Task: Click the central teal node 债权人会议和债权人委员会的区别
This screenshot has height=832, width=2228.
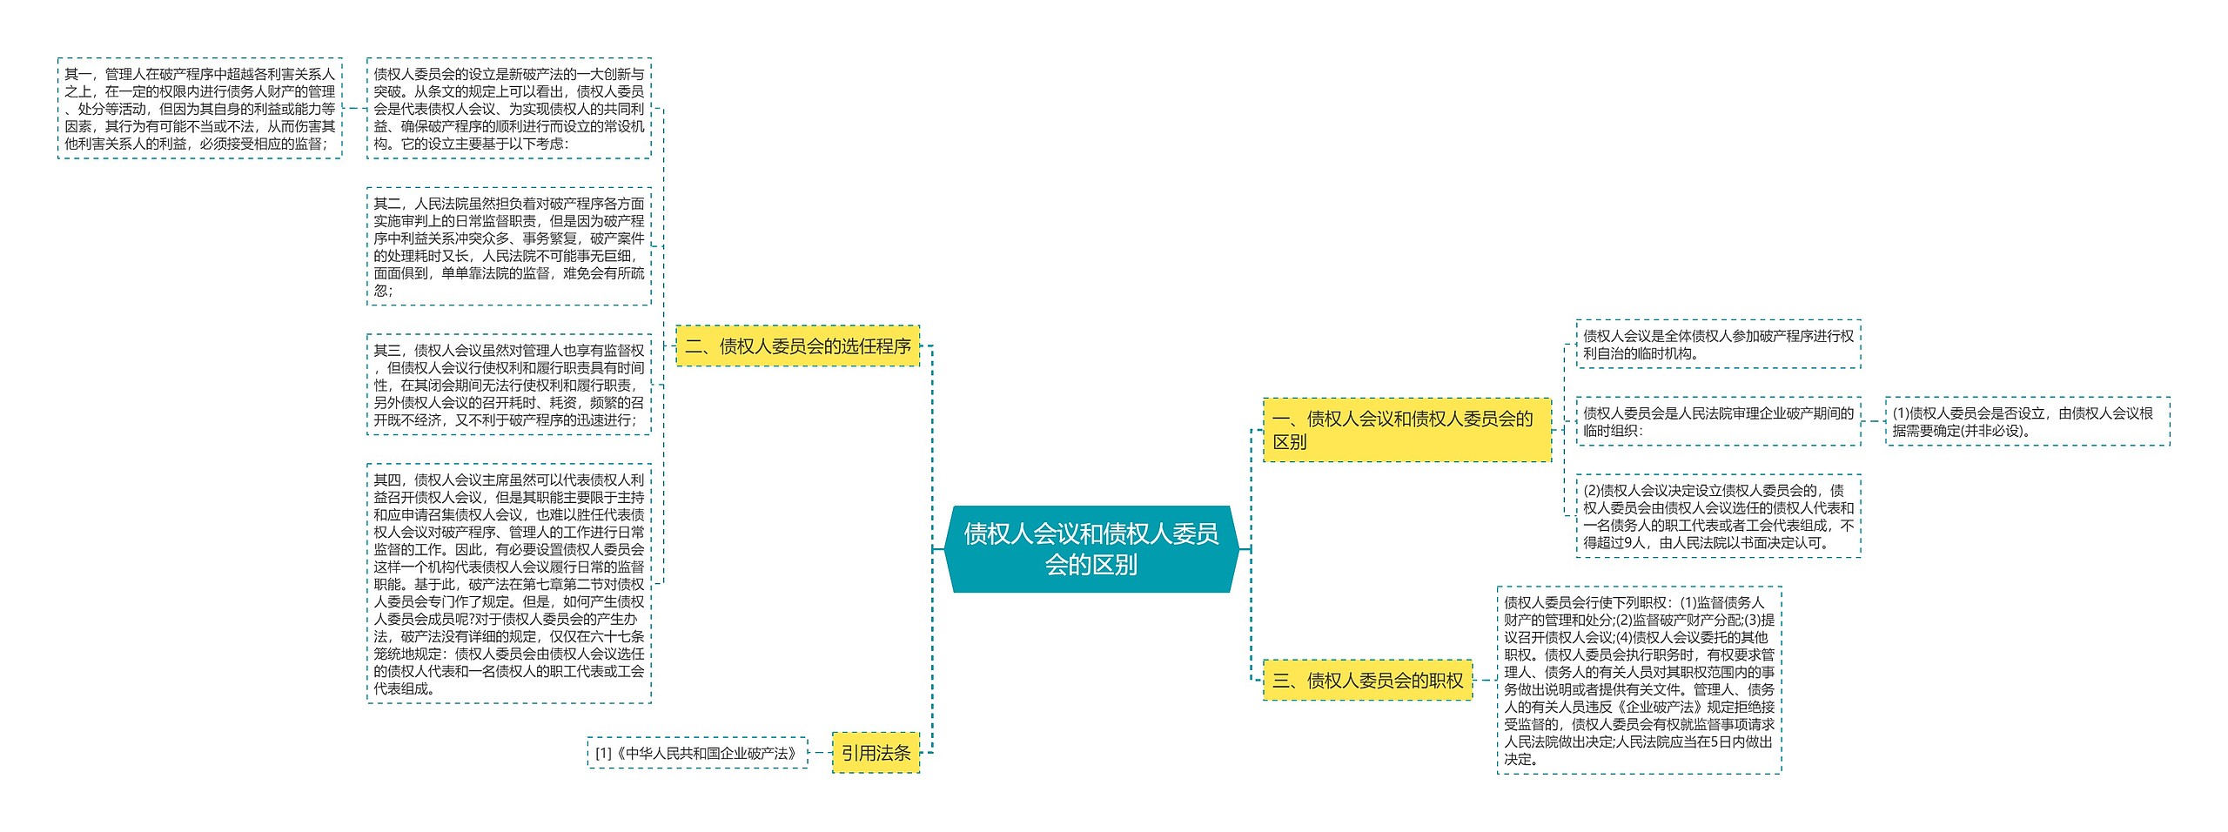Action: (1091, 549)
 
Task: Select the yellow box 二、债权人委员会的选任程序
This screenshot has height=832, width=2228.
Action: (797, 346)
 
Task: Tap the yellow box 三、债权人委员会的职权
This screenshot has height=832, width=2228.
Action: (1367, 681)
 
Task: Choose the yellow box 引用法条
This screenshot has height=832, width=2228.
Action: (876, 753)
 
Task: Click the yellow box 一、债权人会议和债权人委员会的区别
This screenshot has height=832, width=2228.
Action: (1406, 430)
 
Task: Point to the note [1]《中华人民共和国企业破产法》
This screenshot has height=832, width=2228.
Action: (697, 753)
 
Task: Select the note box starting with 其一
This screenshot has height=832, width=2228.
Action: (200, 109)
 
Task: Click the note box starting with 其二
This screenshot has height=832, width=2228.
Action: (509, 246)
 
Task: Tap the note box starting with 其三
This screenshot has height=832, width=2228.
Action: (509, 385)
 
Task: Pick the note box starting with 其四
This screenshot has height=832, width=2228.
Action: (509, 583)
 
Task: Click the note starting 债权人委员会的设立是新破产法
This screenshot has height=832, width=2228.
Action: (509, 109)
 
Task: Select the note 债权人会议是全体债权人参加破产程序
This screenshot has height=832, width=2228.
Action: (1718, 345)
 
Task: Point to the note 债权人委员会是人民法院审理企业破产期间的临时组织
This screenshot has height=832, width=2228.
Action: (1718, 421)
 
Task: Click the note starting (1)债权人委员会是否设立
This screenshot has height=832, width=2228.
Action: (2027, 421)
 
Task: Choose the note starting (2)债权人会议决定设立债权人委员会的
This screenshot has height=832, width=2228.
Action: (1718, 516)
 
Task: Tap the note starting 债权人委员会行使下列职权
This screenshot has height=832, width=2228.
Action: (1639, 681)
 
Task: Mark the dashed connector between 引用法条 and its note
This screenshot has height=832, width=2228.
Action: (820, 753)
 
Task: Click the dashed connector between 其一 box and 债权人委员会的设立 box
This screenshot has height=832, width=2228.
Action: (354, 109)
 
